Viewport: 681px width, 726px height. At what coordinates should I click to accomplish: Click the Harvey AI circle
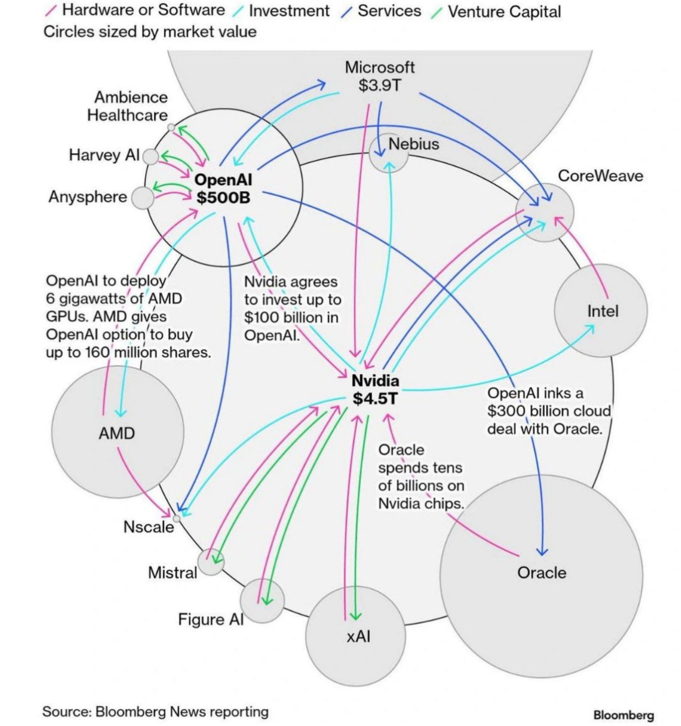[x=151, y=157]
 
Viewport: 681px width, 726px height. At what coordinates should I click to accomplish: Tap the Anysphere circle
[x=142, y=198]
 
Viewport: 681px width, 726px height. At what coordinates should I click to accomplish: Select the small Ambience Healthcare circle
[x=171, y=127]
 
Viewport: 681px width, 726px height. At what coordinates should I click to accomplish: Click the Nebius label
[x=414, y=144]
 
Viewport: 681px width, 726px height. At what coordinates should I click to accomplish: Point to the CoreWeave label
[x=600, y=176]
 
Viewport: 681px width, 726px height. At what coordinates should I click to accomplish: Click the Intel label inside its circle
[x=603, y=311]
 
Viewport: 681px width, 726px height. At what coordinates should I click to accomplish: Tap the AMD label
[x=117, y=433]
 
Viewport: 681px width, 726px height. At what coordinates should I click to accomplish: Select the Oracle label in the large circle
[x=542, y=573]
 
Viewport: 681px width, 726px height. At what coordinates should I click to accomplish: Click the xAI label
[x=358, y=636]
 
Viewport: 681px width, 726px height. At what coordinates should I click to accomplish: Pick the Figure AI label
[x=211, y=619]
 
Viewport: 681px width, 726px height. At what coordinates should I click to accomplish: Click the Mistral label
[x=172, y=573]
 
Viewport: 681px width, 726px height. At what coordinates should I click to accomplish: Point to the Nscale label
[x=149, y=527]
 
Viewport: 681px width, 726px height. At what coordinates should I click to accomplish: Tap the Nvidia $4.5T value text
[x=375, y=398]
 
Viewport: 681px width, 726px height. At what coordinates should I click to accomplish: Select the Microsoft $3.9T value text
[x=379, y=85]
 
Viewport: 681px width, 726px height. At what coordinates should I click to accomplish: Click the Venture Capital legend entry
[x=504, y=12]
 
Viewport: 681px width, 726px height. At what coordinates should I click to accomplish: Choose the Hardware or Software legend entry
[x=143, y=10]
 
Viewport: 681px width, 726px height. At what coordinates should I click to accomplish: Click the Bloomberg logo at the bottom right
[x=623, y=715]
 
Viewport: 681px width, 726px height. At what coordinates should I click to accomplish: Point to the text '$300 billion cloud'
[x=549, y=411]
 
